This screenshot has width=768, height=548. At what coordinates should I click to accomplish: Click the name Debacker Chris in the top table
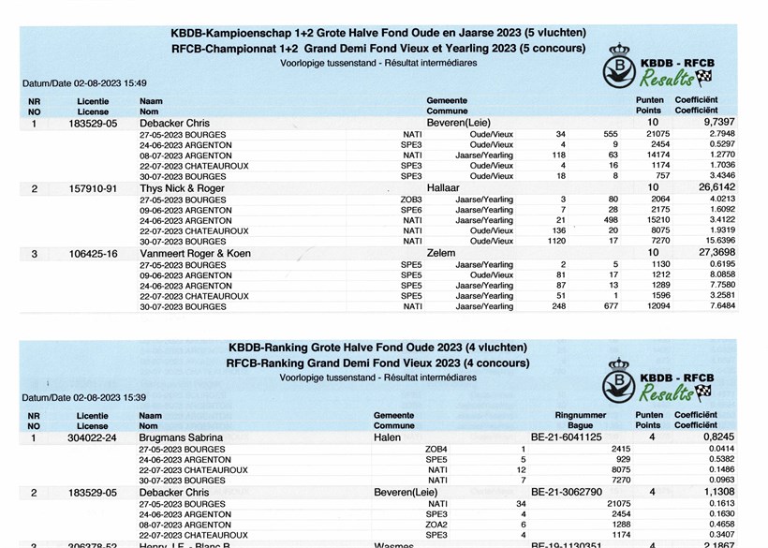pyautogui.click(x=173, y=123)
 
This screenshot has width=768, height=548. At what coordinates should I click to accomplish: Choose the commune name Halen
pyautogui.click(x=387, y=437)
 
